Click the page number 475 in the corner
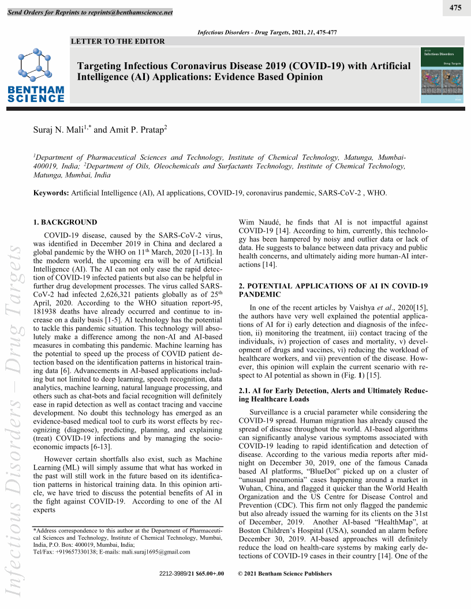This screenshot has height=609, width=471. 455,7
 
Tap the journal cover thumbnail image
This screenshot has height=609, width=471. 442,75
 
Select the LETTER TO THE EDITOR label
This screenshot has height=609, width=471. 118,41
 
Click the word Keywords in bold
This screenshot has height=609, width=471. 50,192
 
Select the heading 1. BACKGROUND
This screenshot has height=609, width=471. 65,222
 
